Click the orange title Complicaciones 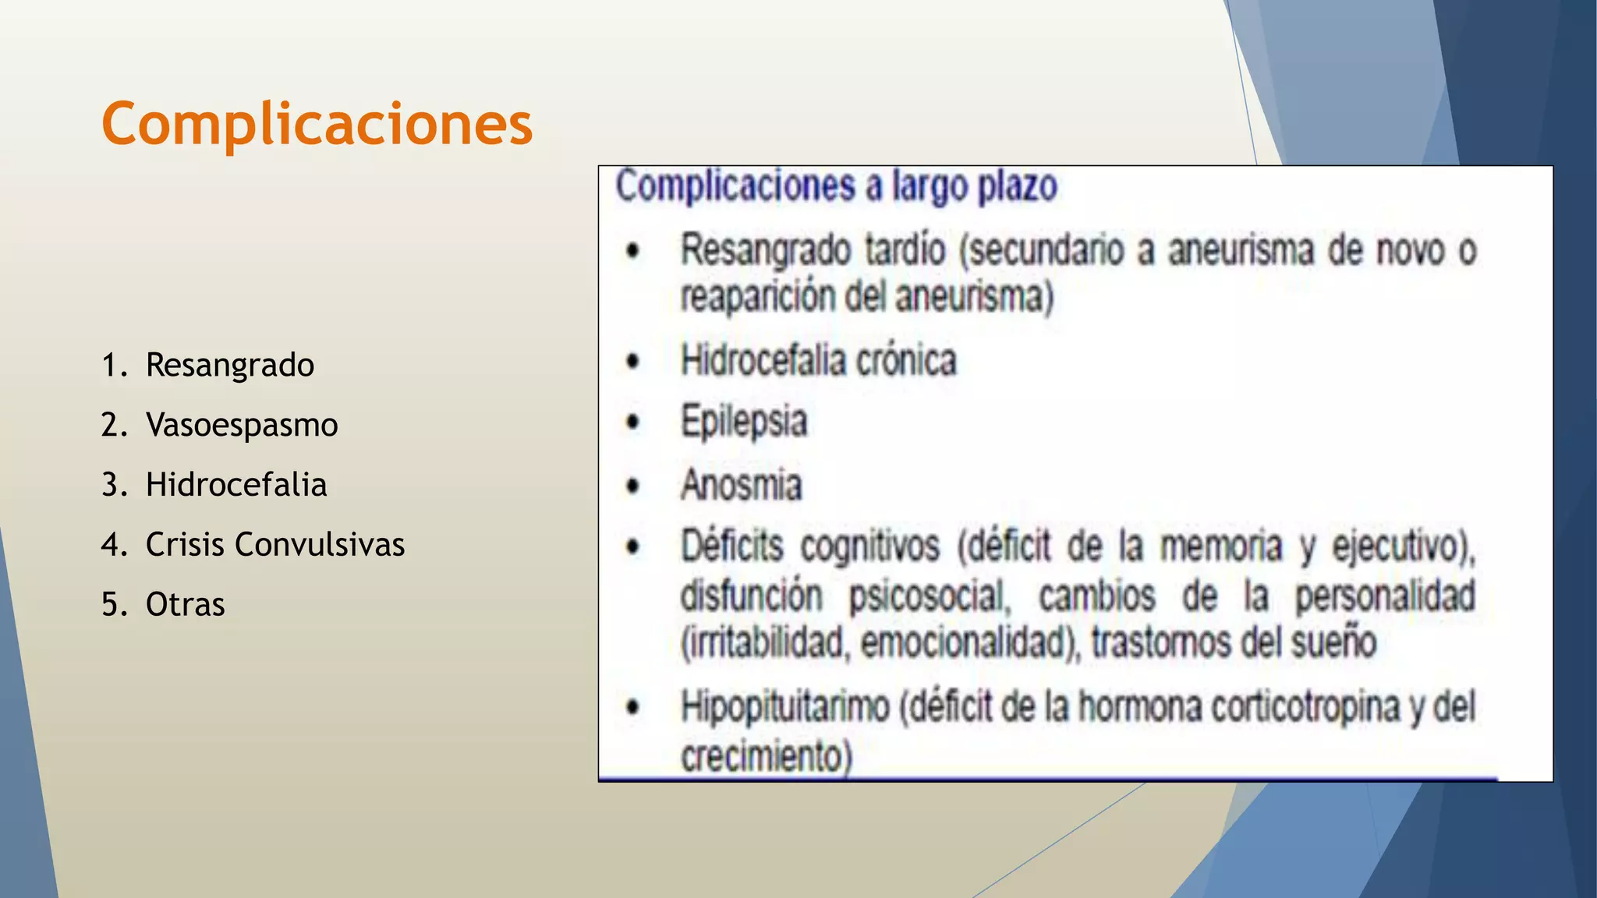click(x=317, y=125)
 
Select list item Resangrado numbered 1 click(x=229, y=365)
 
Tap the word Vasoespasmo click(x=242, y=425)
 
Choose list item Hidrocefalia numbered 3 click(x=235, y=485)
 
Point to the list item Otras click(x=185, y=605)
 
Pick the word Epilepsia click(x=744, y=422)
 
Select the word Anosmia click(x=741, y=485)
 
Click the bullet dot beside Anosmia click(x=633, y=486)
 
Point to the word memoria click(x=1220, y=546)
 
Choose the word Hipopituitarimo click(x=784, y=708)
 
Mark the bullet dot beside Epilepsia click(x=633, y=422)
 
